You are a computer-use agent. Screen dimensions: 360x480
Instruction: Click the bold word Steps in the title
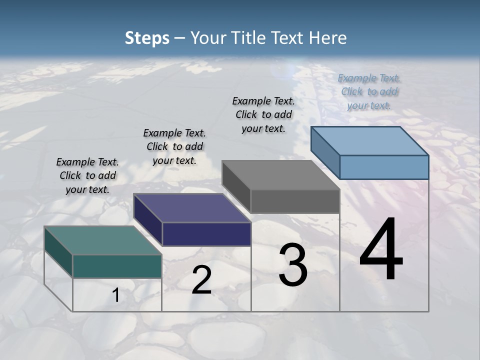click(x=147, y=38)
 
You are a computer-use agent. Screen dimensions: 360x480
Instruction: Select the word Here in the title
click(x=328, y=38)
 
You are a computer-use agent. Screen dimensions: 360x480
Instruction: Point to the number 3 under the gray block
click(x=293, y=265)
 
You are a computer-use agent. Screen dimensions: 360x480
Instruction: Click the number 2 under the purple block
click(x=201, y=280)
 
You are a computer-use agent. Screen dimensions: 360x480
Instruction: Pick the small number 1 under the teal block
click(x=116, y=295)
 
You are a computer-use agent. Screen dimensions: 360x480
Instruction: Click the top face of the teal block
click(x=102, y=240)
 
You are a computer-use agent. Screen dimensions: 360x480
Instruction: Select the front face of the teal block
click(x=117, y=266)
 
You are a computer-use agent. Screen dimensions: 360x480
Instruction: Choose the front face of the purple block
click(x=206, y=234)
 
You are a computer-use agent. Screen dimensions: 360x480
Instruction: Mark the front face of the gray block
click(x=295, y=201)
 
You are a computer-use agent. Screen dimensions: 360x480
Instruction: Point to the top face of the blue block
click(x=369, y=140)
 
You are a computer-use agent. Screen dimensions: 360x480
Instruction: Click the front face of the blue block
click(x=384, y=167)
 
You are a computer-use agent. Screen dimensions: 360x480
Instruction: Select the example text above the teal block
click(x=87, y=175)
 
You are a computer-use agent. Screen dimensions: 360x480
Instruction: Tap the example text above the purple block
click(x=174, y=146)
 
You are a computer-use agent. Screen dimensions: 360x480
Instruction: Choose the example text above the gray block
click(x=263, y=114)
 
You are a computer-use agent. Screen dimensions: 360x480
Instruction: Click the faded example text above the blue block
click(x=369, y=91)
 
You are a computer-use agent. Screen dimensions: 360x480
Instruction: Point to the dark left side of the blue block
click(x=325, y=152)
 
